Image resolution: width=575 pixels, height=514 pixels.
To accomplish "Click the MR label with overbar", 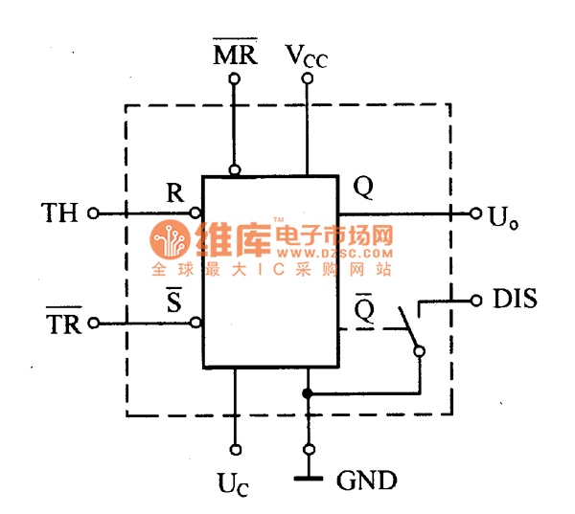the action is (235, 55).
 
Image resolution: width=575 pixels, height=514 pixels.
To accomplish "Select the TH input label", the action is (59, 212).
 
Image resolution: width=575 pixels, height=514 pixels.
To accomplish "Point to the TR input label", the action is (64, 324).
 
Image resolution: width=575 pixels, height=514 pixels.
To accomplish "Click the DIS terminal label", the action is (515, 300).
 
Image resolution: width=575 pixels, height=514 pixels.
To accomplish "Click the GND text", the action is (367, 480).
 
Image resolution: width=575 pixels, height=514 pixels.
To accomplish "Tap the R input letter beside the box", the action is (174, 192).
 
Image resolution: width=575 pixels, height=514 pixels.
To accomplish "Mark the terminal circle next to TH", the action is (93, 212).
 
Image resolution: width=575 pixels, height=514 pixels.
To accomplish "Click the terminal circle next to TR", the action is (93, 324).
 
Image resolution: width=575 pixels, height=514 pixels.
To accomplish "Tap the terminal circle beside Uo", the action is (475, 212).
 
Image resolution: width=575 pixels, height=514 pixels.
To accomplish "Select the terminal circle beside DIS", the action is (475, 301).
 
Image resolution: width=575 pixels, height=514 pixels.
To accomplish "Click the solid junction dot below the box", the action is (308, 393).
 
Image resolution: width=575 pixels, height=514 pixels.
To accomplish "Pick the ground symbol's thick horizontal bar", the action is (308, 478).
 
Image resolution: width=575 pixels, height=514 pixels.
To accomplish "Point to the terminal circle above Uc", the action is (235, 448).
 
